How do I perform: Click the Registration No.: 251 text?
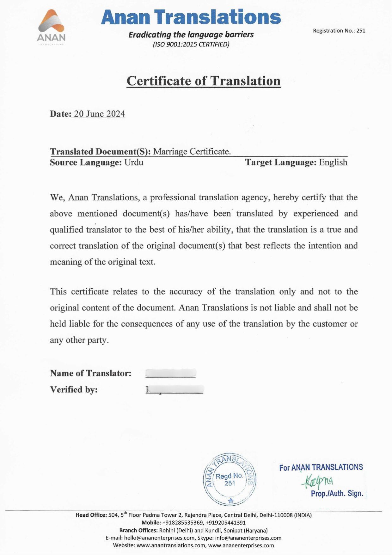(339, 31)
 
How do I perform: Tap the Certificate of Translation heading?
(204, 81)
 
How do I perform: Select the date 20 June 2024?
(99, 114)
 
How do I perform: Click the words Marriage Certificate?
(192, 152)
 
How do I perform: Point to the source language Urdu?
(134, 162)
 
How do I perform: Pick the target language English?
(333, 162)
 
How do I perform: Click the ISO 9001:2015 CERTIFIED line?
(191, 44)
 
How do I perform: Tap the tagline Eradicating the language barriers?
(191, 34)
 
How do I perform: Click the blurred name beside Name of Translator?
(171, 373)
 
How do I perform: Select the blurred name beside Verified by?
(175, 389)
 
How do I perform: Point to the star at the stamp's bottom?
(231, 501)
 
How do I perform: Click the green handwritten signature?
(318, 481)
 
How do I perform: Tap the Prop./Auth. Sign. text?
(337, 494)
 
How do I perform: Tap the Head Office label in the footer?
(91, 515)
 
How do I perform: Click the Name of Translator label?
(91, 373)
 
